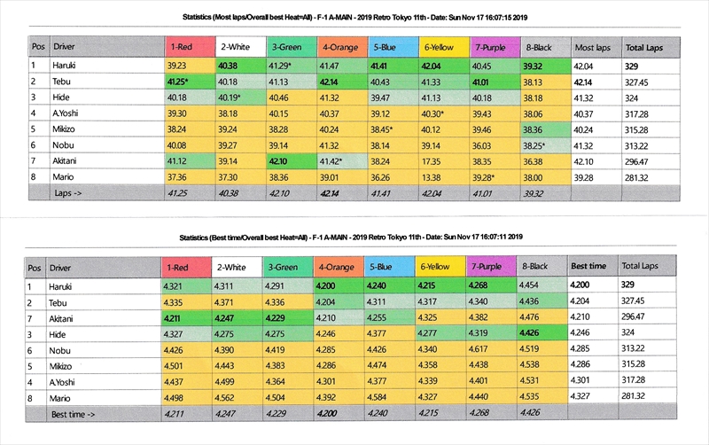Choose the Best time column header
coord(588,266)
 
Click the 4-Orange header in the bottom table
coord(339,266)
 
